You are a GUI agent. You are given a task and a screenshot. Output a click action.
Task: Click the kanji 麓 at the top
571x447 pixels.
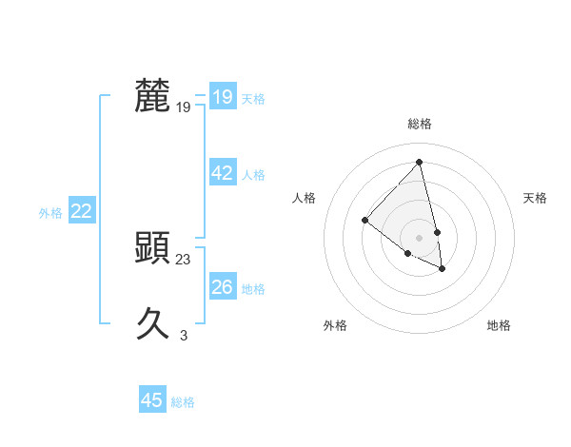tap(153, 96)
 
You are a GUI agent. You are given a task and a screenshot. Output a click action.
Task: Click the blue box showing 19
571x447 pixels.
tap(222, 97)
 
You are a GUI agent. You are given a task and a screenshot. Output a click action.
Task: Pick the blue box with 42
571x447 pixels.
tap(222, 173)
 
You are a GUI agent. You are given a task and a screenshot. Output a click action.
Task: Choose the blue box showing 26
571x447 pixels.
tap(222, 287)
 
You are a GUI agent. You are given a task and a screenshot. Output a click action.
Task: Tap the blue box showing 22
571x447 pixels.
tap(81, 212)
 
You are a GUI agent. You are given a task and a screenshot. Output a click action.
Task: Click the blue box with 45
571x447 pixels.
tap(152, 400)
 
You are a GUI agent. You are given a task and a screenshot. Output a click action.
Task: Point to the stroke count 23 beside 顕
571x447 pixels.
tap(184, 259)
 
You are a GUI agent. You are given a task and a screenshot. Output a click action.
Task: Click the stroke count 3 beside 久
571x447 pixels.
tap(184, 335)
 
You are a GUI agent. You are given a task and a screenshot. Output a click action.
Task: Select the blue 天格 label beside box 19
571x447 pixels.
tap(253, 99)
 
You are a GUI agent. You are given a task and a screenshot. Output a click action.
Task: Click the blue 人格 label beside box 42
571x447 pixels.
tap(253, 175)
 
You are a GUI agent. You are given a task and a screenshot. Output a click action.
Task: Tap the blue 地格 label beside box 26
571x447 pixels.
tap(253, 289)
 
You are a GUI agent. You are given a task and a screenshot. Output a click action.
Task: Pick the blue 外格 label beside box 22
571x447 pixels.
tap(50, 213)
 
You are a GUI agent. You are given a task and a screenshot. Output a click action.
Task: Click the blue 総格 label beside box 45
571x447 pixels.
tap(183, 402)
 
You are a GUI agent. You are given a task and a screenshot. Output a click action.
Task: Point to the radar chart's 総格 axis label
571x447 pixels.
tap(420, 124)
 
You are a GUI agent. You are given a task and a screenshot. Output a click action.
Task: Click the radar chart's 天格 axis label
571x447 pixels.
tap(535, 198)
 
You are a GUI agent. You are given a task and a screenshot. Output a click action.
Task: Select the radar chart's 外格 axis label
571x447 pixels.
tap(335, 325)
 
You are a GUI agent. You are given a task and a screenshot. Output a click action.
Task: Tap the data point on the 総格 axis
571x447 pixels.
tap(420, 163)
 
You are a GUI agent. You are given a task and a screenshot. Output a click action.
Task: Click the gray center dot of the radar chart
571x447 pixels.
tap(420, 237)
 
